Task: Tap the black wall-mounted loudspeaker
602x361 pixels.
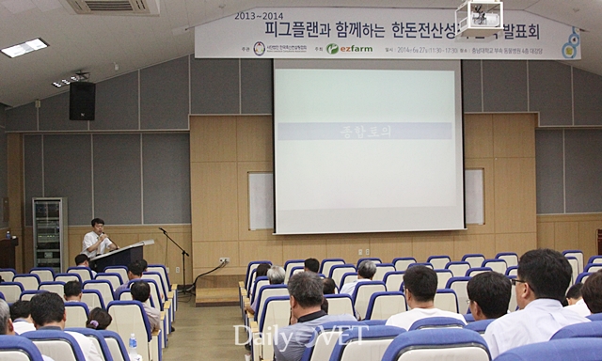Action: tap(82, 101)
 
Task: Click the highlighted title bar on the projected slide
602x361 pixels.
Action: tap(367, 131)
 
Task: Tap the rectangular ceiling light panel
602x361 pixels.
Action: tap(24, 47)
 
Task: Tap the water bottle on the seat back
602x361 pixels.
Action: tap(133, 344)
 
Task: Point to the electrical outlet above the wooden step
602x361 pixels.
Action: tap(224, 259)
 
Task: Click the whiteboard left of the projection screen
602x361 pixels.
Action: tap(261, 200)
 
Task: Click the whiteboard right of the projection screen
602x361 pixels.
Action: tap(474, 196)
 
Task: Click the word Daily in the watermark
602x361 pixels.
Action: tap(262, 336)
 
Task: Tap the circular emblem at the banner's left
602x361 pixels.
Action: tap(259, 48)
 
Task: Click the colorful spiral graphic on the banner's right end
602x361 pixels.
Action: tap(569, 43)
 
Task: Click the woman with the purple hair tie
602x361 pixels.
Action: tap(99, 320)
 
